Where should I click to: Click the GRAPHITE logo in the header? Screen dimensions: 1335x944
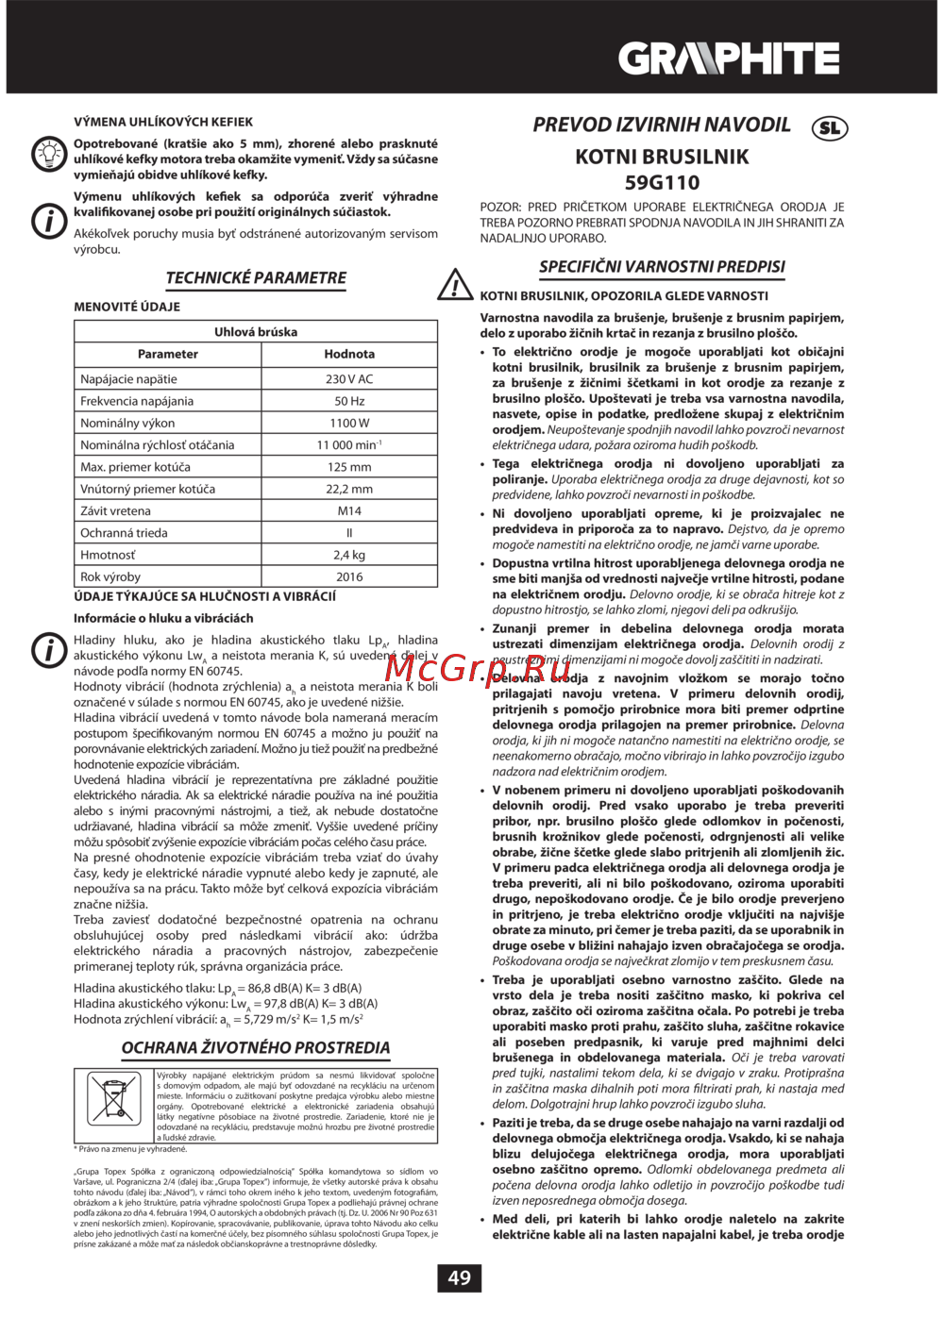coord(729,59)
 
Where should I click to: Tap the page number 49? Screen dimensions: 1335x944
coord(459,1277)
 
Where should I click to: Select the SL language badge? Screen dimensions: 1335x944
coord(830,127)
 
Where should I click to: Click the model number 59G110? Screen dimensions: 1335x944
coord(662,182)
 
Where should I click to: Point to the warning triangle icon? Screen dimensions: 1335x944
coord(455,283)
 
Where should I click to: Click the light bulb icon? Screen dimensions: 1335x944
coord(47,154)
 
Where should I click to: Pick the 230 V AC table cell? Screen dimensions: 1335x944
coord(349,379)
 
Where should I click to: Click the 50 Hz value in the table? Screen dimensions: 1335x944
coord(349,401)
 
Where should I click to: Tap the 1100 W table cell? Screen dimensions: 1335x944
coord(349,423)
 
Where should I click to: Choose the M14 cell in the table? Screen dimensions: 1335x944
coord(349,510)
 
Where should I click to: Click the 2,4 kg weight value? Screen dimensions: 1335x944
coord(349,555)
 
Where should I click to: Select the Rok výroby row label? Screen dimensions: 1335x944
coord(110,576)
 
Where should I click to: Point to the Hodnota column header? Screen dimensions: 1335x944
coord(349,354)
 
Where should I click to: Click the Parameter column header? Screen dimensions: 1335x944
coord(168,354)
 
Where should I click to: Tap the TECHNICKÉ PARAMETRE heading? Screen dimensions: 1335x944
coord(256,277)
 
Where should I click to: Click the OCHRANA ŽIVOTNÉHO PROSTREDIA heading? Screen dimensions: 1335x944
coord(256,1047)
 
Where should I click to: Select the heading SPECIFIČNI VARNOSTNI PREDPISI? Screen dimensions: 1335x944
coord(662,267)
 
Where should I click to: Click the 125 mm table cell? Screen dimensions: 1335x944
coord(349,467)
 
